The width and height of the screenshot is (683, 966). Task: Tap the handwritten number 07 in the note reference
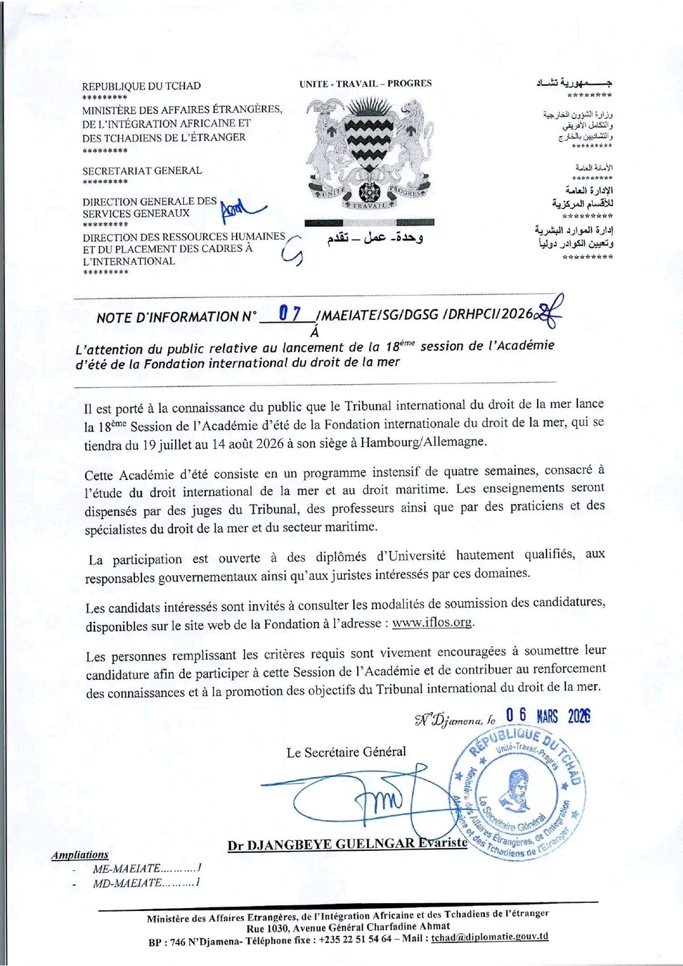tap(290, 313)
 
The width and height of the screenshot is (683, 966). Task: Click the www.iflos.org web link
tap(432, 623)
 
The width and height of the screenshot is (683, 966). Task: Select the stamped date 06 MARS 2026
tap(548, 716)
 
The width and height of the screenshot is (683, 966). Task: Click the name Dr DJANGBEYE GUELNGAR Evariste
tap(348, 844)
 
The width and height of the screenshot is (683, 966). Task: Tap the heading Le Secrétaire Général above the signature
tap(346, 752)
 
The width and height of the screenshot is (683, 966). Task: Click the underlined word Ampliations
tap(80, 854)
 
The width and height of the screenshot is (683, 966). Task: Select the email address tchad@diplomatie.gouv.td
tap(490, 937)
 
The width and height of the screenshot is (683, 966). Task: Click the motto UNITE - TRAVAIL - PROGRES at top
tap(365, 84)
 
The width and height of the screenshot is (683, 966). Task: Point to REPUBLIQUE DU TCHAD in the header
tap(142, 86)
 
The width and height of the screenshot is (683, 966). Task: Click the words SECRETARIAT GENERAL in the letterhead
tap(142, 170)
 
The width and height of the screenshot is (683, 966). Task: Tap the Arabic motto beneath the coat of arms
tap(375, 238)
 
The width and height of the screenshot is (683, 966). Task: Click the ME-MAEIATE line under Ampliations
tap(147, 869)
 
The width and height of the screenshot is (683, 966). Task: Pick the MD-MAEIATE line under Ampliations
tap(147, 883)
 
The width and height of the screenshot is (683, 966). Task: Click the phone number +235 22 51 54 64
tap(355, 940)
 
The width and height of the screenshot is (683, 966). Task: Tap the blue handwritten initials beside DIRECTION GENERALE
tap(242, 208)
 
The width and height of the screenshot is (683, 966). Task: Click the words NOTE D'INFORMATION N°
tap(177, 317)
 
